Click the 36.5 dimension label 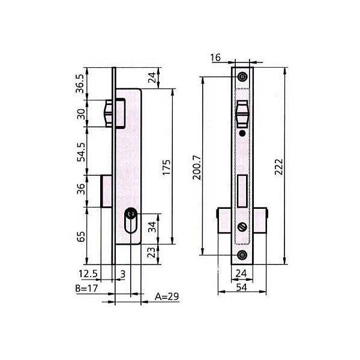pyautogui.click(x=80, y=83)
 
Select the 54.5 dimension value pyautogui.click(x=81, y=152)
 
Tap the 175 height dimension pyautogui.click(x=167, y=167)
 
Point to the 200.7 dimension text pyautogui.click(x=197, y=167)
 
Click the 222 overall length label pyautogui.click(x=279, y=167)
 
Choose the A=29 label pyautogui.click(x=167, y=296)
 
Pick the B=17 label pyautogui.click(x=86, y=289)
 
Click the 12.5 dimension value pyautogui.click(x=88, y=274)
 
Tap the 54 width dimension pyautogui.click(x=241, y=287)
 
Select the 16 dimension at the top pyautogui.click(x=215, y=58)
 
